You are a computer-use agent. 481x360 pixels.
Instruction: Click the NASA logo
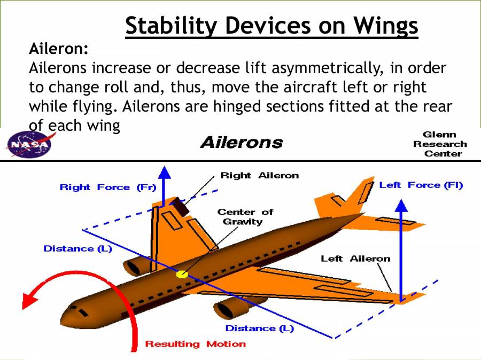pyautogui.click(x=27, y=144)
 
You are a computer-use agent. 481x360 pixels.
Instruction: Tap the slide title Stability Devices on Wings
pyautogui.click(x=271, y=26)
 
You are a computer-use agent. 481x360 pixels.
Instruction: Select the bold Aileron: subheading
pyautogui.click(x=59, y=49)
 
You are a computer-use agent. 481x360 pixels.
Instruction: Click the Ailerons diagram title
pyautogui.click(x=241, y=143)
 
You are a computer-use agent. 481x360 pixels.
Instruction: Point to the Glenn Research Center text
pyautogui.click(x=439, y=144)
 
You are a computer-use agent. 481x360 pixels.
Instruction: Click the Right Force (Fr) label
pyautogui.click(x=101, y=187)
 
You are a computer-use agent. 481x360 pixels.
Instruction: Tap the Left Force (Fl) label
pyautogui.click(x=421, y=185)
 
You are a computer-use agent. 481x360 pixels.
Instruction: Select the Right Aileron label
pyautogui.click(x=259, y=176)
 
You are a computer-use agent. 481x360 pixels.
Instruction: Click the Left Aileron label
pyautogui.click(x=355, y=259)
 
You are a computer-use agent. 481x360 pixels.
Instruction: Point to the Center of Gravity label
pyautogui.click(x=245, y=216)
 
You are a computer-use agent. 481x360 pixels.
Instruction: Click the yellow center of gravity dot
pyautogui.click(x=182, y=274)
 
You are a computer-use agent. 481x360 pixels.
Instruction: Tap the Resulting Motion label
pyautogui.click(x=196, y=344)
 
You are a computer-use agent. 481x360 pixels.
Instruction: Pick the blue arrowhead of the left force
pyautogui.click(x=400, y=205)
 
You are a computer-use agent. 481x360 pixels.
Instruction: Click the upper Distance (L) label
pyautogui.click(x=77, y=249)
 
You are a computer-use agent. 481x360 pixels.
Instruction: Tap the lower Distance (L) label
pyautogui.click(x=259, y=328)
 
